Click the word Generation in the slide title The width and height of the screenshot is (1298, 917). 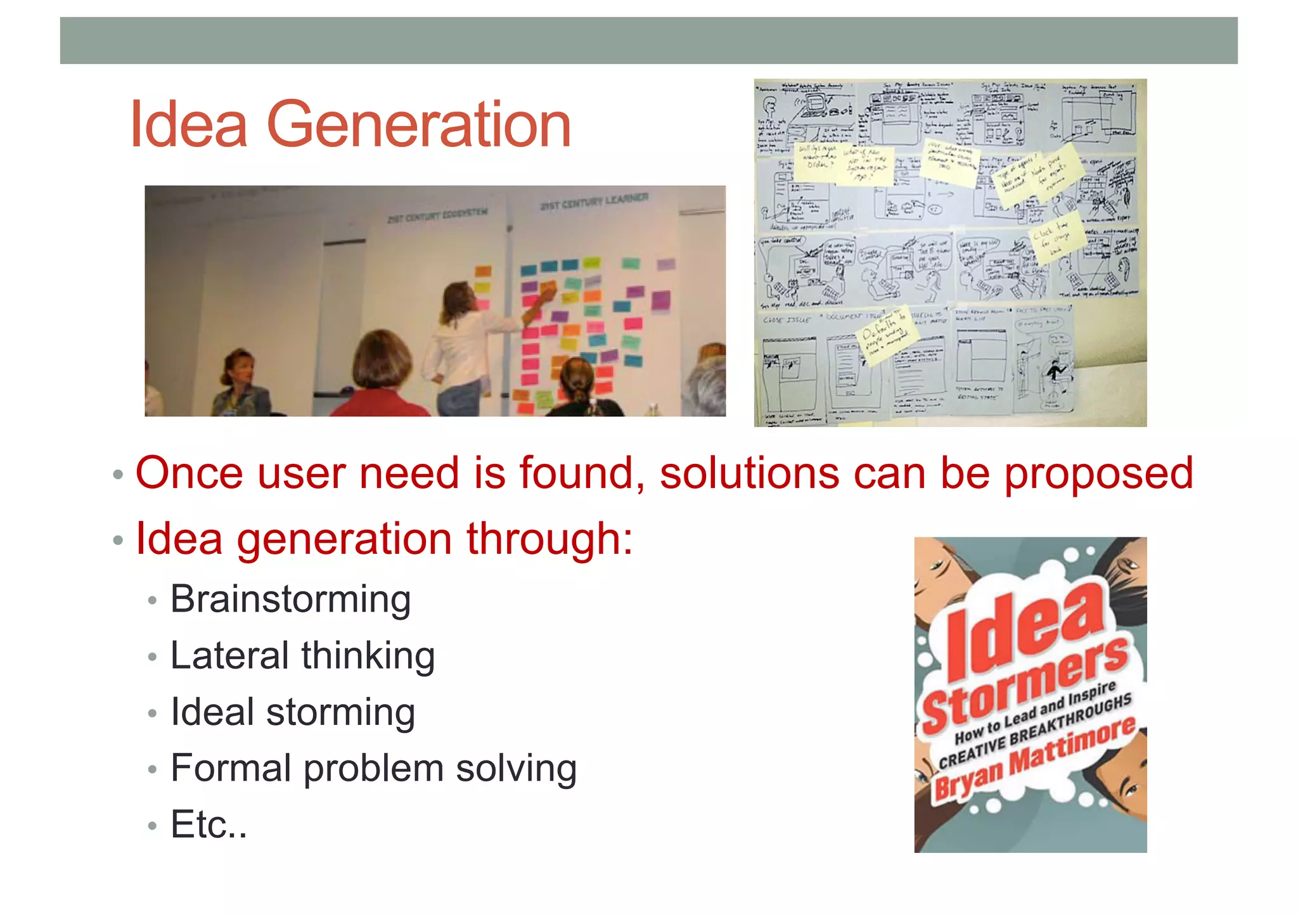tap(418, 125)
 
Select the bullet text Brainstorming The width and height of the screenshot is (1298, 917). tap(290, 600)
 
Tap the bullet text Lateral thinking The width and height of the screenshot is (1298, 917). tap(302, 656)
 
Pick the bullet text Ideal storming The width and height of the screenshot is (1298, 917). tap(293, 712)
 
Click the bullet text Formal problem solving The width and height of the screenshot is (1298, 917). tap(373, 769)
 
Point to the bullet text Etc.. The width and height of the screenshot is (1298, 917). tap(208, 824)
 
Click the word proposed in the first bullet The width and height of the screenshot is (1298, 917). tap(1098, 473)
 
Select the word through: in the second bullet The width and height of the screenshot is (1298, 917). tap(549, 539)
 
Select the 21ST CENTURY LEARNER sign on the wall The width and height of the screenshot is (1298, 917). tap(594, 202)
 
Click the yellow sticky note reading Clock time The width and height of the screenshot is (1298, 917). tap(1051, 238)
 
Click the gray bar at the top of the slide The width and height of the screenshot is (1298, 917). tap(648, 41)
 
